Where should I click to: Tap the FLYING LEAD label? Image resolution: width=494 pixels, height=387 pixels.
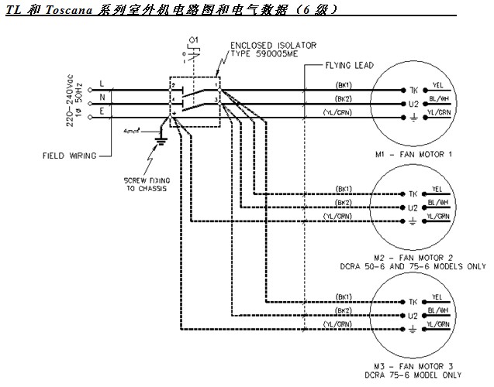350,67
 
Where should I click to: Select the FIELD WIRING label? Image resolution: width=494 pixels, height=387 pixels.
69,156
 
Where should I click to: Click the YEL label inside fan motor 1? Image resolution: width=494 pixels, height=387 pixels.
438,83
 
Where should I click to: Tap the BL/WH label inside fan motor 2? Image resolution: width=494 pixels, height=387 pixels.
440,202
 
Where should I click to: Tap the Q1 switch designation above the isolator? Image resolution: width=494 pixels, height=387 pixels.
194,38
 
